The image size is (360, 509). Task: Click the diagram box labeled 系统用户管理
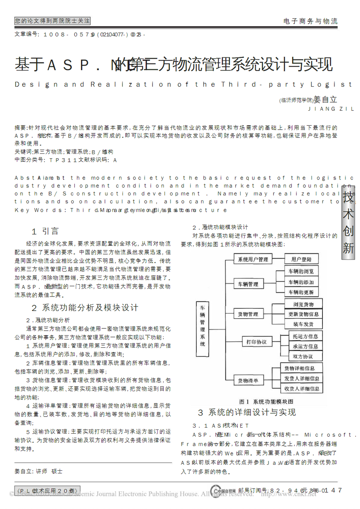(x=253, y=259)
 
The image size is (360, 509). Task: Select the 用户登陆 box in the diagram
(x=301, y=259)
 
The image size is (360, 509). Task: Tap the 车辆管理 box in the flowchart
(x=248, y=284)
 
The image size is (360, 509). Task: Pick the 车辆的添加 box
(x=301, y=282)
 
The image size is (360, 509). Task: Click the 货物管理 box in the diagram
(x=248, y=314)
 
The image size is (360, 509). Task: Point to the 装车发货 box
(x=303, y=324)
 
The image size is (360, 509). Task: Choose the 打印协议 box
(x=257, y=342)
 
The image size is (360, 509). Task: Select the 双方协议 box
(x=303, y=356)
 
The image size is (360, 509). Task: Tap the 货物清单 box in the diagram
(x=248, y=381)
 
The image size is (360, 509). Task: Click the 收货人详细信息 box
(x=302, y=389)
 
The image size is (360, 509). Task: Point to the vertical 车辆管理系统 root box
(x=202, y=326)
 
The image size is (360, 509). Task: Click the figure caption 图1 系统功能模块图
(x=266, y=401)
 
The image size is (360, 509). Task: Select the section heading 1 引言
(x=45, y=231)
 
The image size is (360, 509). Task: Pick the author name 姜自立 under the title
(x=325, y=100)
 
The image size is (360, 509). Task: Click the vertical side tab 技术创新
(x=348, y=223)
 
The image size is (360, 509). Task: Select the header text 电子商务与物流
(x=310, y=21)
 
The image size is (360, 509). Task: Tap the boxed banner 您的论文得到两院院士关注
(x=52, y=21)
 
